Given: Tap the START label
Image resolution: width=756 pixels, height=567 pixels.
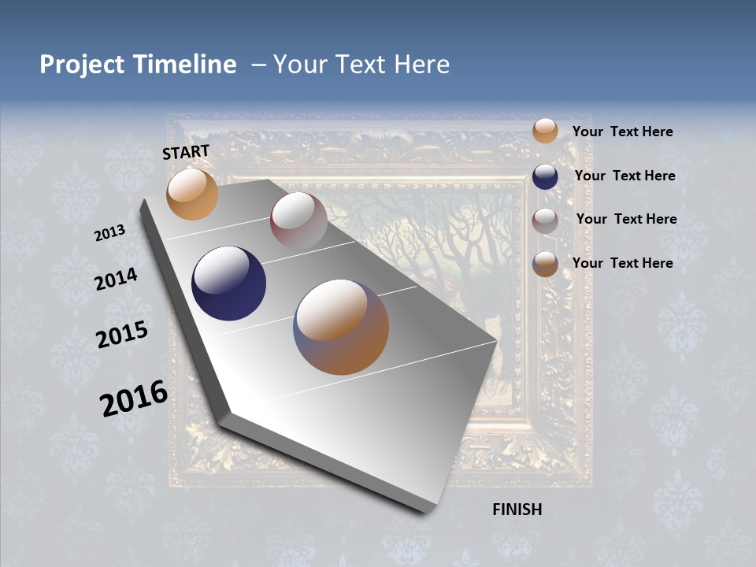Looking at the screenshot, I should [186, 152].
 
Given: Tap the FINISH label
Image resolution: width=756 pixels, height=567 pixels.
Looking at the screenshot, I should [517, 510].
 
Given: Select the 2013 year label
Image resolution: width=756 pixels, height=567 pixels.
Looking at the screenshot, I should [110, 233].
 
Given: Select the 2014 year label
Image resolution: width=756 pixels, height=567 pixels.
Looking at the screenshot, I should [117, 279].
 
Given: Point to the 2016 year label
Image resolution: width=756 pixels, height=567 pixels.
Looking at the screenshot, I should [134, 398].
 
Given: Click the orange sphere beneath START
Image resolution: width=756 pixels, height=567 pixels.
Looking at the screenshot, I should [192, 194].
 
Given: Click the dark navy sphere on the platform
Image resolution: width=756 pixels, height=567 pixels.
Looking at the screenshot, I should [229, 283].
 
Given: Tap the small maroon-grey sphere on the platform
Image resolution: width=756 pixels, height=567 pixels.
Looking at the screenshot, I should [298, 221].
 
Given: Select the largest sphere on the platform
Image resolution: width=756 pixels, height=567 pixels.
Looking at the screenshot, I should [341, 327].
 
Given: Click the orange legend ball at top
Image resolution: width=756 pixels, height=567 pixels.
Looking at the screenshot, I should [545, 131].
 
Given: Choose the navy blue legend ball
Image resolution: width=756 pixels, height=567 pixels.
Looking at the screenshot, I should [545, 176].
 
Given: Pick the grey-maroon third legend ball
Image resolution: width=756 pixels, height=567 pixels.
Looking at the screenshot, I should [545, 220].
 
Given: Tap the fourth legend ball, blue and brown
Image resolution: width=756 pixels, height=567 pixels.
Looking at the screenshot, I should [545, 264].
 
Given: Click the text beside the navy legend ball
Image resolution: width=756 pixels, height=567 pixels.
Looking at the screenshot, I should [624, 176].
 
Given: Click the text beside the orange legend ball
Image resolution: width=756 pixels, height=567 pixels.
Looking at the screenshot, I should [622, 132].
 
